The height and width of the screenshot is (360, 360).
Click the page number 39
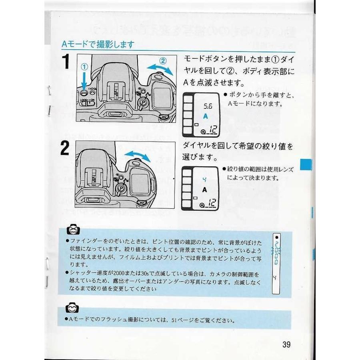tap(286, 344)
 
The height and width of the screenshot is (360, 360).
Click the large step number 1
tap(66, 62)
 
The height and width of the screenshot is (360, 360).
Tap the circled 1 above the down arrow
tap(85, 67)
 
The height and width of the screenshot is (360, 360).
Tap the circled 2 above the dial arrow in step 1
tap(163, 61)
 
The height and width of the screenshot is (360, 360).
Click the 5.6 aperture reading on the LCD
tap(208, 107)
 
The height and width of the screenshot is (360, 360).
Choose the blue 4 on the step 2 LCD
tap(204, 180)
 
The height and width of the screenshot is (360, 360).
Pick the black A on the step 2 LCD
tap(205, 189)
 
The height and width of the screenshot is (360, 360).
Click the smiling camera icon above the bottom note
tap(72, 308)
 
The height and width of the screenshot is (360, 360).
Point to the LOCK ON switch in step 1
tap(87, 102)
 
